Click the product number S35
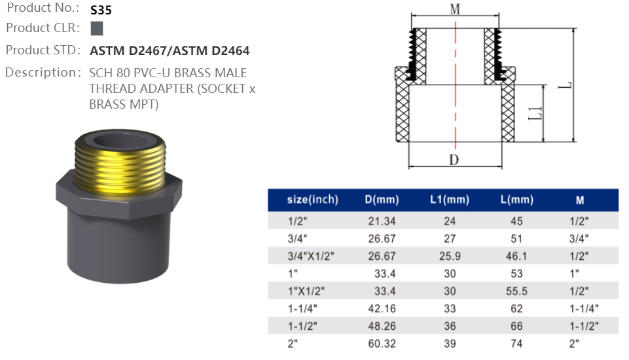pos(101,10)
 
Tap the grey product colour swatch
pos(97,29)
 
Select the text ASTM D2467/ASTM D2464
pos(170,50)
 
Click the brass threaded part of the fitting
pos(118,160)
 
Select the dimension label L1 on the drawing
pos(534,113)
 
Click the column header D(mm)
pos(381,200)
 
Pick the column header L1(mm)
pos(449,200)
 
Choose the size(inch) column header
pos(312,200)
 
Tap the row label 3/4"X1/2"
pos(311,256)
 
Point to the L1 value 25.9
pos(449,256)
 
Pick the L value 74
pos(516,342)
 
